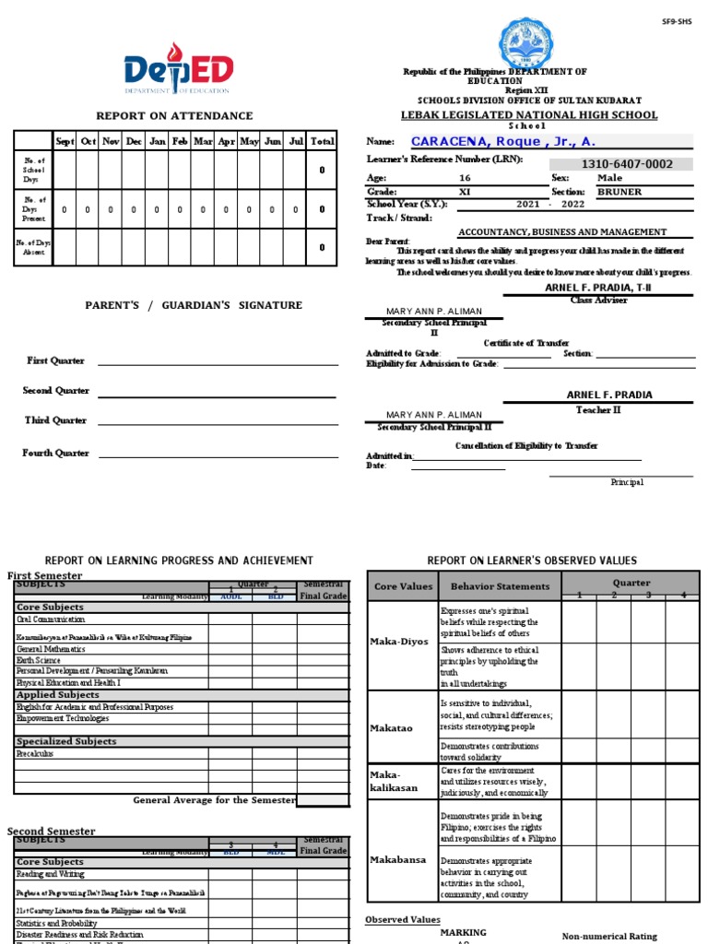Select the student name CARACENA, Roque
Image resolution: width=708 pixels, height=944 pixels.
tap(502, 141)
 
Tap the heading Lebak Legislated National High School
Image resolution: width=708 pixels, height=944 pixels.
tap(529, 115)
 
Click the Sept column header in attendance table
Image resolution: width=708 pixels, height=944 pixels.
tap(65, 141)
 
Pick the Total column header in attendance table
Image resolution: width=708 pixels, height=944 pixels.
tap(322, 141)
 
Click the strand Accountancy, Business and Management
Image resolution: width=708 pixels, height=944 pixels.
tap(562, 232)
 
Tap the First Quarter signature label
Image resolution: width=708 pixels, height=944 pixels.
tap(55, 360)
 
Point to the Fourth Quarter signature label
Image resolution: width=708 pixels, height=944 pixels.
tap(57, 453)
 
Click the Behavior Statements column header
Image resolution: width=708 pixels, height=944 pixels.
tap(500, 586)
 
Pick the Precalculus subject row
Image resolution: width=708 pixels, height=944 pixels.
tap(36, 753)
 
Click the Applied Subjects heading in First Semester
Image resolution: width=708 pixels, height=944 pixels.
tap(57, 694)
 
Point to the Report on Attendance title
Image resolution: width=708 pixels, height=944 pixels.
tap(174, 115)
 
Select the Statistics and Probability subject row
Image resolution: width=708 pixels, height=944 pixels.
tap(56, 923)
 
